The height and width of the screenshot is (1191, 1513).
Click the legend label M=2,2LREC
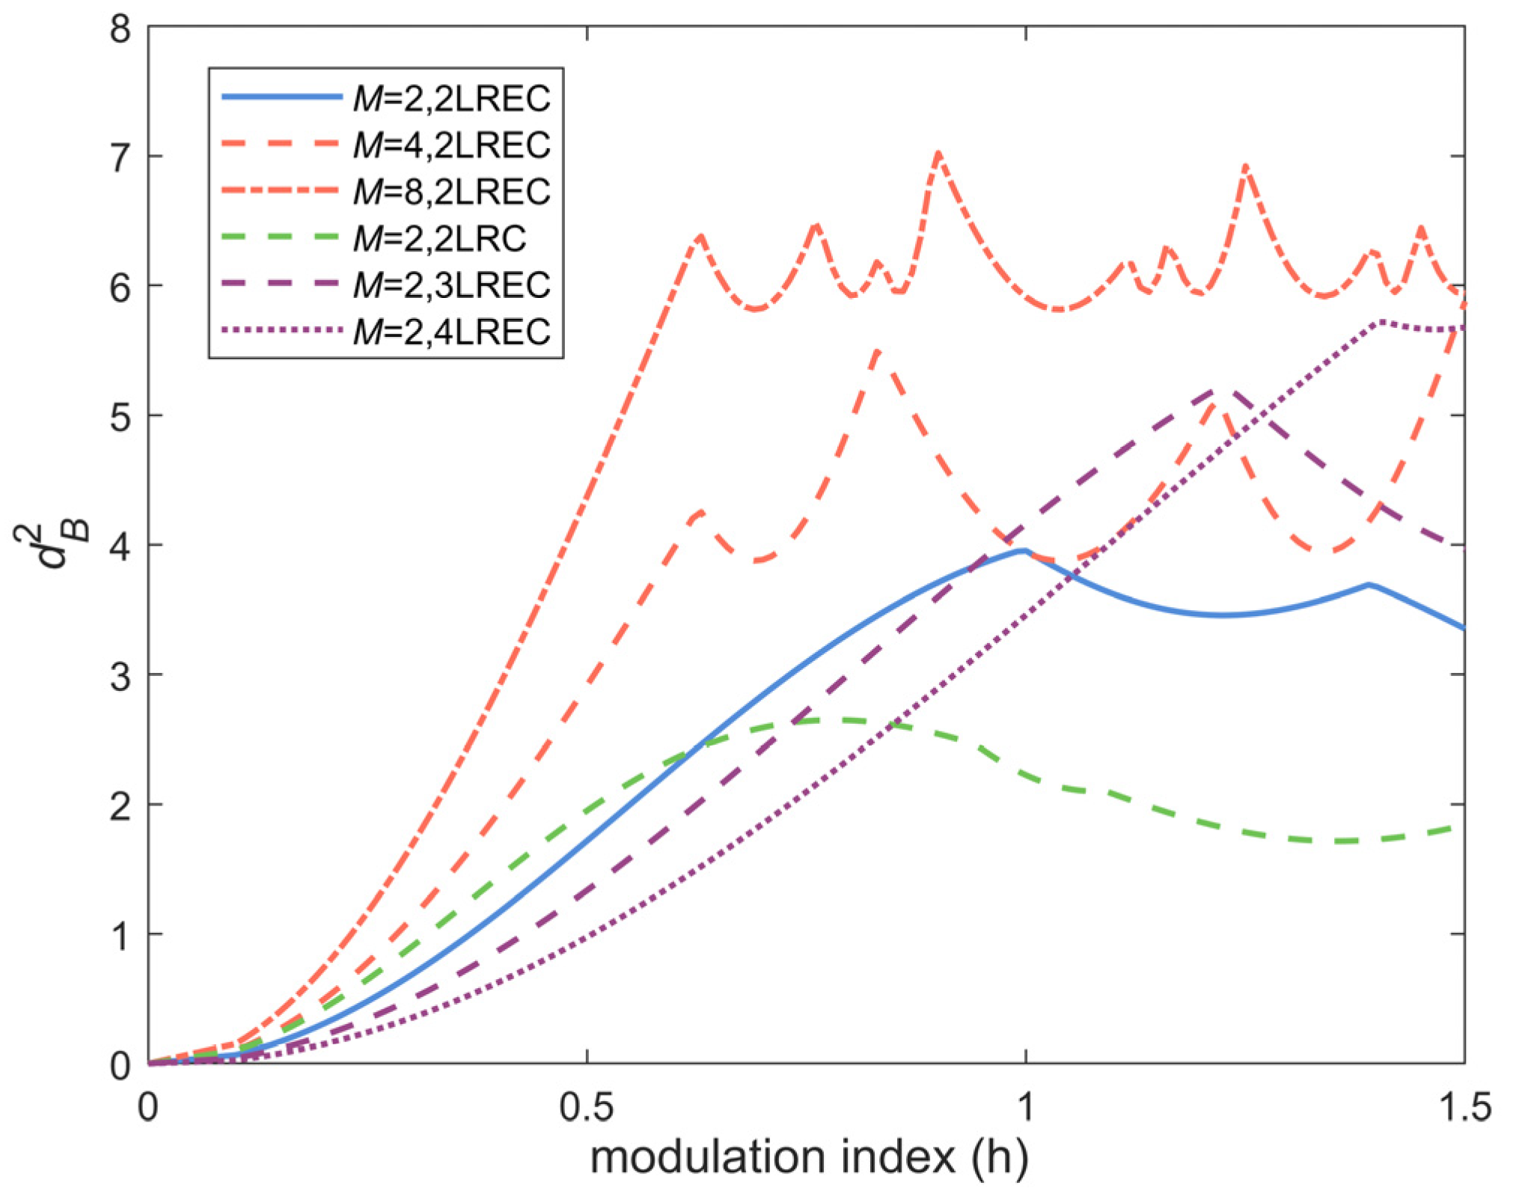(x=451, y=98)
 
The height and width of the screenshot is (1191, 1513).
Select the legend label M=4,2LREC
(x=451, y=144)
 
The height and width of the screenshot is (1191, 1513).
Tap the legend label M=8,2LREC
(x=451, y=192)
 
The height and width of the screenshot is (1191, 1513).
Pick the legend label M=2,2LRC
(x=439, y=239)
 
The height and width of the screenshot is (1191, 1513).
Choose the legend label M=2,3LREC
(x=451, y=285)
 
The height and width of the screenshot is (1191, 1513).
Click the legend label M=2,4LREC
(x=451, y=332)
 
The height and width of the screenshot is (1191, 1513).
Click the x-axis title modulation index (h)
(x=809, y=1157)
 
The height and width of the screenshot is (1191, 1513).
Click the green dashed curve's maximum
(x=823, y=719)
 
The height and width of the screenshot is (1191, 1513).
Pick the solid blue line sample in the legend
(x=281, y=97)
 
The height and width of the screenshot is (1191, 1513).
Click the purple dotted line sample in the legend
(x=281, y=331)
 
